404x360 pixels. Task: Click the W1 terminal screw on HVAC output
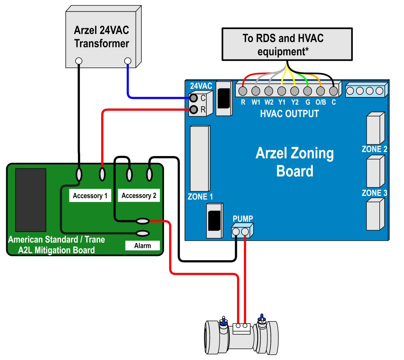(x=256, y=91)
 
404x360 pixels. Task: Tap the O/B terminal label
(x=321, y=102)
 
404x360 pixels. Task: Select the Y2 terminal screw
(x=295, y=91)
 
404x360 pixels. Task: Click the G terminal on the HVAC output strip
(x=307, y=91)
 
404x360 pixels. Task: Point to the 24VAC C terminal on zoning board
(x=194, y=98)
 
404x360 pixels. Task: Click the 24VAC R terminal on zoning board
(x=194, y=109)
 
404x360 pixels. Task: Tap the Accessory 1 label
(x=90, y=196)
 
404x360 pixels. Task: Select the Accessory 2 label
(x=139, y=196)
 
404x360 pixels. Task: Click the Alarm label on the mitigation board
(x=142, y=246)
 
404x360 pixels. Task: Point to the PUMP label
(x=243, y=219)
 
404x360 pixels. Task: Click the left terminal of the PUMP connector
(x=236, y=232)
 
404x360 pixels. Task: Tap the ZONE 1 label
(x=200, y=197)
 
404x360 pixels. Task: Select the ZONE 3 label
(x=374, y=193)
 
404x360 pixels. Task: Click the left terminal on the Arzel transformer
(x=79, y=61)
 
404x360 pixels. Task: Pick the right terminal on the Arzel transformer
(x=128, y=61)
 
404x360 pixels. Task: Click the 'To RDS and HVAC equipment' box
(x=287, y=44)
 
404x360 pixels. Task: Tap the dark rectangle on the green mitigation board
(x=31, y=200)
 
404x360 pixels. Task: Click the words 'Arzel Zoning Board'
(x=295, y=162)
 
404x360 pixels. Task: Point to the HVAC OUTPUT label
(x=289, y=114)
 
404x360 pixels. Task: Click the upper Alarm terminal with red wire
(x=143, y=221)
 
